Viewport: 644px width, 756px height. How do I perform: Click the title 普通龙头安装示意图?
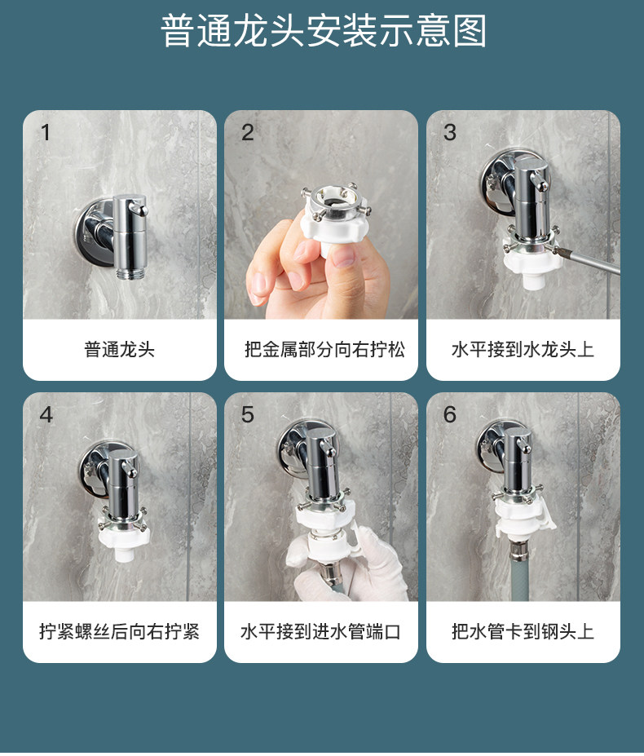[323, 31]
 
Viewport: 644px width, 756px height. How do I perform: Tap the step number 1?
[46, 132]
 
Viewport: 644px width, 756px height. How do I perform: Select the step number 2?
[247, 132]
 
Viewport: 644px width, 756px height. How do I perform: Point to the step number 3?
[449, 132]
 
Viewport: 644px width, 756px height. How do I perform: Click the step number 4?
[46, 414]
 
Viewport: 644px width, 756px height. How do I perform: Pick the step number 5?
[247, 414]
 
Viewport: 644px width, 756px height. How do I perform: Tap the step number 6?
[449, 414]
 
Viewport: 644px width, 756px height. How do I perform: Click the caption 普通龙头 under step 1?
[120, 349]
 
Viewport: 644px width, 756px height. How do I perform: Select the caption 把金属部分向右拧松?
[324, 349]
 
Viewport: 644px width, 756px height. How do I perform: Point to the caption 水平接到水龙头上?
[523, 349]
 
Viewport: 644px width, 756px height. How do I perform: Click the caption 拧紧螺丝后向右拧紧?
[119, 631]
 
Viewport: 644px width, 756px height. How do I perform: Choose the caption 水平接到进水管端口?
[320, 631]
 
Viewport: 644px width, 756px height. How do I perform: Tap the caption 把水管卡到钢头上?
[523, 631]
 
